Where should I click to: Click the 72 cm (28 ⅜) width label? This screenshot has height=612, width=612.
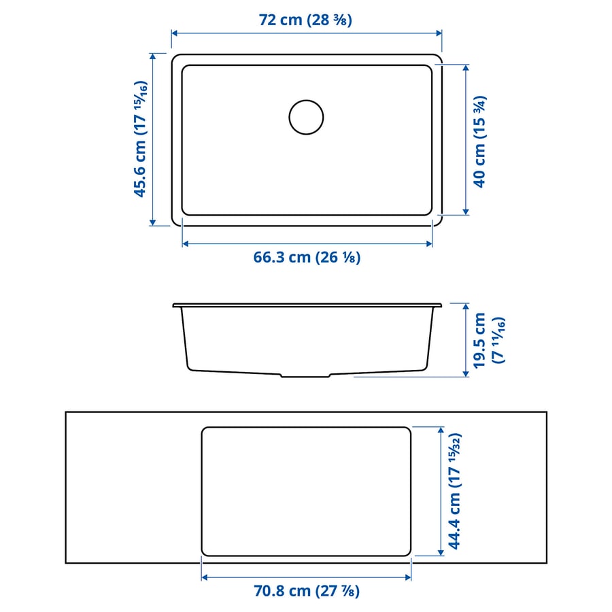305,20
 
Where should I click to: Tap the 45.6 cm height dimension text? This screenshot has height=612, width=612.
141,139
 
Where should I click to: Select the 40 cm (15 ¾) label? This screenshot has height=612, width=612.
479,141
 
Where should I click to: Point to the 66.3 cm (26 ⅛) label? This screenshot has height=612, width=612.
307,257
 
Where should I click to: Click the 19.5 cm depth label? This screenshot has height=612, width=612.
488,340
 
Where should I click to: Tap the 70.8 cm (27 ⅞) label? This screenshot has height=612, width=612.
306,590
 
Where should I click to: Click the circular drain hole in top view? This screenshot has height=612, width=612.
306,117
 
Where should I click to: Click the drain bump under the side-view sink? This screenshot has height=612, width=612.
306,375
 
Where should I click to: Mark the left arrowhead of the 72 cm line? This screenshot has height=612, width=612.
174,32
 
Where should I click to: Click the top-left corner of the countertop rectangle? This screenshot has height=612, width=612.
66,412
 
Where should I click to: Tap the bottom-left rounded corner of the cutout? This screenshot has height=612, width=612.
205,552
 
